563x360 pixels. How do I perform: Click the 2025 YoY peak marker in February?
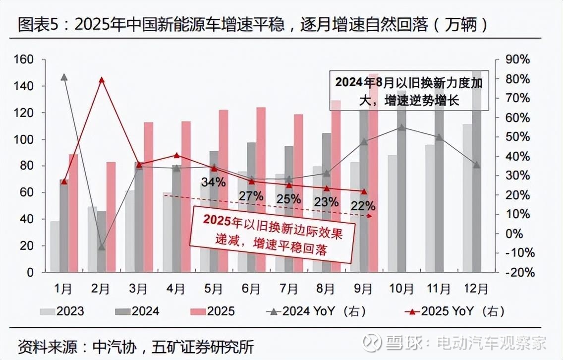pyautogui.click(x=102, y=79)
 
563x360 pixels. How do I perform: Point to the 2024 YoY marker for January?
pyautogui.click(x=64, y=77)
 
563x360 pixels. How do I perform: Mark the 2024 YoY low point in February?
pyautogui.click(x=102, y=247)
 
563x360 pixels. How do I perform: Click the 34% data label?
pyautogui.click(x=214, y=182)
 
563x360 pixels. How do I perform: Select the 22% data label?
pyautogui.click(x=363, y=206)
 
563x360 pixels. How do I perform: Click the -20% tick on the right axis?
pyautogui.click(x=517, y=272)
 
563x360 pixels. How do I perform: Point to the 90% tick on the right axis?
pyautogui.click(x=517, y=60)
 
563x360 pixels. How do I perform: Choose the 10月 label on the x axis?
pyautogui.click(x=401, y=289)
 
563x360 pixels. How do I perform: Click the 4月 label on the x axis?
pyautogui.click(x=176, y=289)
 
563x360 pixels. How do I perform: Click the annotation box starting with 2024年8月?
pyautogui.click(x=408, y=90)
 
